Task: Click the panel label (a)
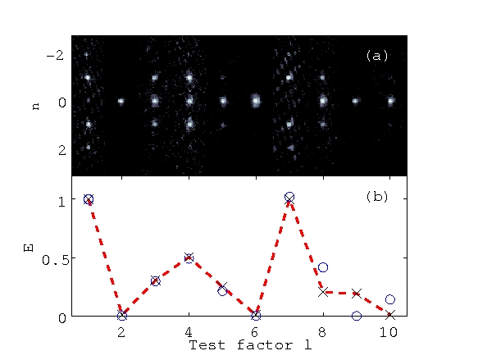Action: click(x=377, y=56)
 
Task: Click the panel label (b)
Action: click(x=377, y=198)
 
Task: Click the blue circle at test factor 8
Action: click(x=323, y=267)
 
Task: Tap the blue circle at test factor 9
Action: click(x=356, y=316)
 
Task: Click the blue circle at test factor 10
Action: click(x=390, y=299)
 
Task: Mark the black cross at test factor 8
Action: click(x=323, y=292)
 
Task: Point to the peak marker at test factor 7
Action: click(x=289, y=198)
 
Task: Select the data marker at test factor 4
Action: click(x=189, y=257)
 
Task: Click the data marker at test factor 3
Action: click(x=155, y=280)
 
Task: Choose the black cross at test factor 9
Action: click(x=356, y=293)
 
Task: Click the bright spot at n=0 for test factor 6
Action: click(x=256, y=102)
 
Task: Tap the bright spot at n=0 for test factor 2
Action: click(x=121, y=102)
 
